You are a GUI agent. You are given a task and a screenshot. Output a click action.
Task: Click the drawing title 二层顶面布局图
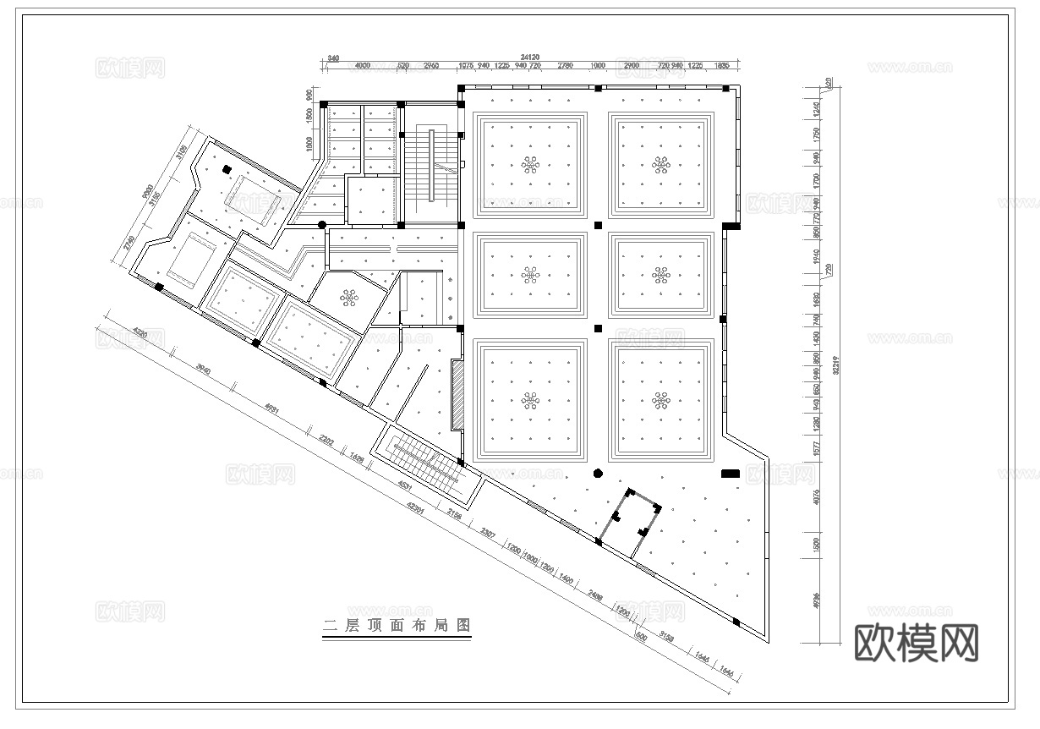pos(397,627)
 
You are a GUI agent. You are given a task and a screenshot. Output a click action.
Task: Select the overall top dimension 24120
pos(530,58)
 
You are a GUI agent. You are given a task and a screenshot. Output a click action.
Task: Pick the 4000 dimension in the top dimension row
pos(363,65)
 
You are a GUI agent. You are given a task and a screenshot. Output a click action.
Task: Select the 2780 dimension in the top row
pos(566,65)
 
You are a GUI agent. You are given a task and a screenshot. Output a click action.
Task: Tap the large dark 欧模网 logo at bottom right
pos(917,643)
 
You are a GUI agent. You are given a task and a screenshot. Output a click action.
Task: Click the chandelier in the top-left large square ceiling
pos(530,164)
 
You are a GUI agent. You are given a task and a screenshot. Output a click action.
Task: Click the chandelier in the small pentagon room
pos(349,296)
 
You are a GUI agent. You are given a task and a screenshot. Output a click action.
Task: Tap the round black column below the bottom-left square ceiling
pos(597,474)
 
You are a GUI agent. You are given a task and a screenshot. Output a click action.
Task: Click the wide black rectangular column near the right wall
pos(730,474)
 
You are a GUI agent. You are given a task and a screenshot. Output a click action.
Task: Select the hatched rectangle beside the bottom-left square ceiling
pos(457,392)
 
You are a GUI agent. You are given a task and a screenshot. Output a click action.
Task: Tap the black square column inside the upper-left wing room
pos(226,169)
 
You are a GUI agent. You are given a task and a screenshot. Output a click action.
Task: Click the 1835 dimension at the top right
pos(722,65)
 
